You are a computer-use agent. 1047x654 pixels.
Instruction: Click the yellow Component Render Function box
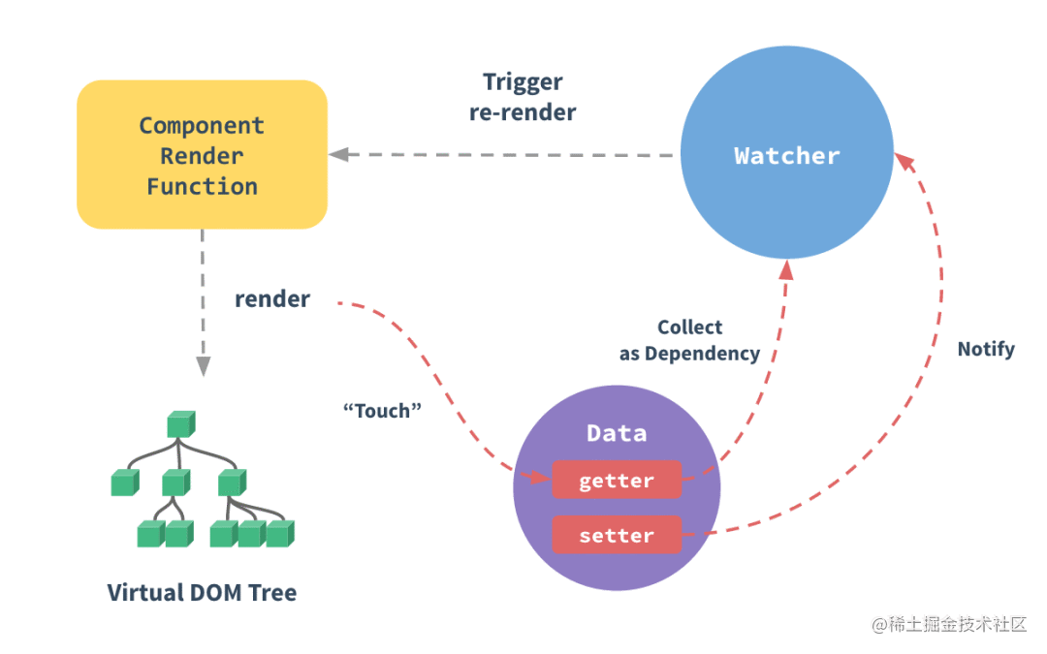(x=202, y=154)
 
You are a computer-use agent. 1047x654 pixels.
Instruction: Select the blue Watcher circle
(x=786, y=155)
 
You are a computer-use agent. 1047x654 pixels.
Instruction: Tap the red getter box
(x=617, y=481)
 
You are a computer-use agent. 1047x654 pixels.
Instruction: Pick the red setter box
(x=617, y=535)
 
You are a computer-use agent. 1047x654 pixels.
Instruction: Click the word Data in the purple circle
(x=617, y=433)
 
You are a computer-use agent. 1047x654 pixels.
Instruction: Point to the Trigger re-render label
(x=523, y=97)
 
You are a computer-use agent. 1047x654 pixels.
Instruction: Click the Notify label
(x=986, y=349)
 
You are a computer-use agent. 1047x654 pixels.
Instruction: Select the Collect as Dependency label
(x=689, y=341)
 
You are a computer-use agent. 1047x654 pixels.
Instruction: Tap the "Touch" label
(x=383, y=410)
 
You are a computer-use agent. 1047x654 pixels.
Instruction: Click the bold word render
(x=272, y=299)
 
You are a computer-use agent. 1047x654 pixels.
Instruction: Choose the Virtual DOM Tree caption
(x=202, y=592)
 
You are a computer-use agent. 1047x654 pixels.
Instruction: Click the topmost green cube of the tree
(x=180, y=423)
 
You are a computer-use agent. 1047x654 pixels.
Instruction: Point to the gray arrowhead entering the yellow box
(x=338, y=155)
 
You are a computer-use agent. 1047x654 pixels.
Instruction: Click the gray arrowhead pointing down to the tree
(x=203, y=366)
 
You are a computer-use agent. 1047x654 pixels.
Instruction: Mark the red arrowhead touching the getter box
(x=539, y=478)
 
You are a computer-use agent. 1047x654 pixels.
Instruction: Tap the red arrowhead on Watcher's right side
(x=901, y=160)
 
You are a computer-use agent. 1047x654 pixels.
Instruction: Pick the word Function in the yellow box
(x=202, y=186)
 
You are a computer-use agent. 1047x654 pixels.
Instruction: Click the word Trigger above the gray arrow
(x=523, y=82)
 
